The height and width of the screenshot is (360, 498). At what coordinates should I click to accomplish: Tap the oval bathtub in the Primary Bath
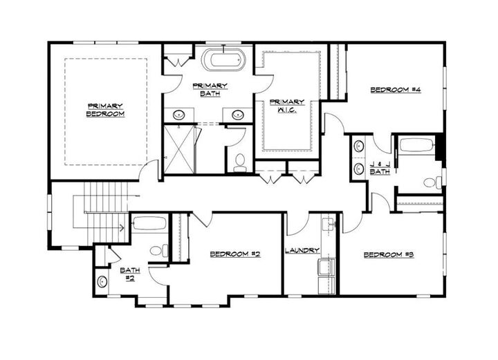[223, 60]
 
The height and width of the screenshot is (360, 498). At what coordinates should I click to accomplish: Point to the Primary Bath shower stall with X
[178, 148]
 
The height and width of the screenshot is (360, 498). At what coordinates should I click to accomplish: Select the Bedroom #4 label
[396, 90]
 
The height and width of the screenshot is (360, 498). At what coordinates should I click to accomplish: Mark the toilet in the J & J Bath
[431, 182]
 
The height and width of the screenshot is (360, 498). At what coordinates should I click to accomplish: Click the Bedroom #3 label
[388, 255]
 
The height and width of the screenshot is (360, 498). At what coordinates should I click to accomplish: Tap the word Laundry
[302, 250]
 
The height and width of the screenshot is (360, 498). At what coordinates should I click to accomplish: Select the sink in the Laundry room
[328, 224]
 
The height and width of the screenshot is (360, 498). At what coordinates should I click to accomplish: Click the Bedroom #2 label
[234, 254]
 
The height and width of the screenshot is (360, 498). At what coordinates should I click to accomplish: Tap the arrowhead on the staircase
[122, 225]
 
